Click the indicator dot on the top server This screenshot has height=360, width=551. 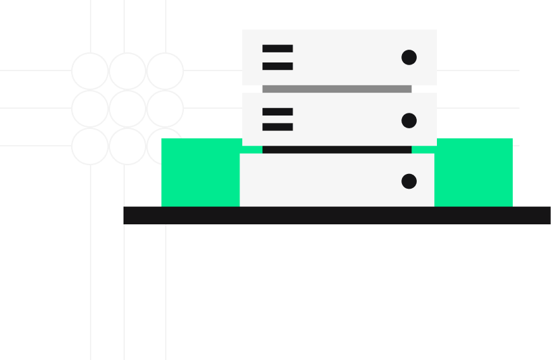click(409, 58)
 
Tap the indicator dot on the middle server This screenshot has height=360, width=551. click(409, 121)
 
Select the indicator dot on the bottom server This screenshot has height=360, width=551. click(409, 181)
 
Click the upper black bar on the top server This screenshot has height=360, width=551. click(277, 48)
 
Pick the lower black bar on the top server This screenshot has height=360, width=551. click(277, 66)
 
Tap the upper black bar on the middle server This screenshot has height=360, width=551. click(277, 111)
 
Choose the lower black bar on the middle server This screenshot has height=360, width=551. click(277, 127)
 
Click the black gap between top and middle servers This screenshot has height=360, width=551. click(337, 89)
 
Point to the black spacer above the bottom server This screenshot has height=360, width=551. click(337, 150)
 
